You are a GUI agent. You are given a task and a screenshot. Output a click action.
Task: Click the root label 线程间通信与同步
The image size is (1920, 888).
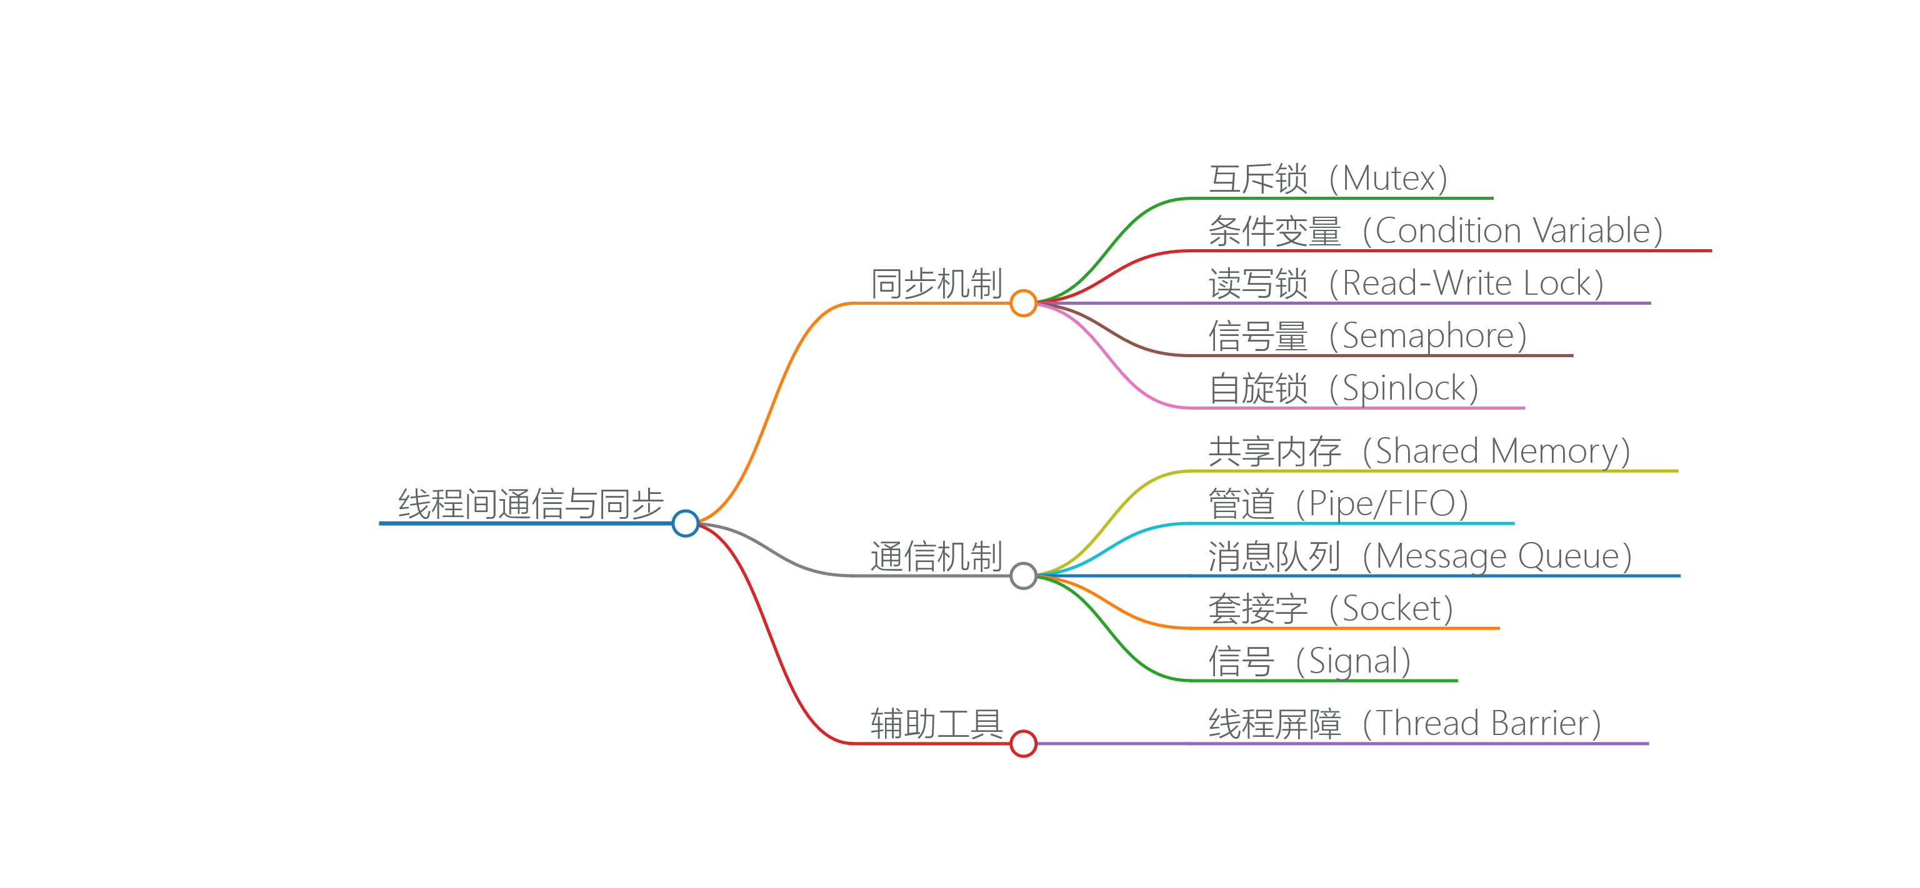pos(530,503)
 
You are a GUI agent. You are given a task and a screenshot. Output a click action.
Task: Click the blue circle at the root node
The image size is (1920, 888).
pos(685,523)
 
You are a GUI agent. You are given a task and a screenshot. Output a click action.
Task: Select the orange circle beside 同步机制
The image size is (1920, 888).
pos(1022,303)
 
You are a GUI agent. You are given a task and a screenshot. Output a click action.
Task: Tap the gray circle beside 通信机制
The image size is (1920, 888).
pos(1022,575)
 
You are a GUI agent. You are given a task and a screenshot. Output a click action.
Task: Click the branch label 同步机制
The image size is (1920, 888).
pos(936,284)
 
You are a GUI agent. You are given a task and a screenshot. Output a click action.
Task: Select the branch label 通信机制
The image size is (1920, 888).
pos(936,556)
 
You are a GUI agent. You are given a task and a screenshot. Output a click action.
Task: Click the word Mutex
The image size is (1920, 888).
pos(1389,179)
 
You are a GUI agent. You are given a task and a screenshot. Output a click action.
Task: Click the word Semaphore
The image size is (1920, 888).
pos(1428,336)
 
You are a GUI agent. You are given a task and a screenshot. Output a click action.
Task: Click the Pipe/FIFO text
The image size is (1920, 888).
pos(1382,503)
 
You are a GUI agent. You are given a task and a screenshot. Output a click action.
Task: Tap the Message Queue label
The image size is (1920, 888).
pos(1497,556)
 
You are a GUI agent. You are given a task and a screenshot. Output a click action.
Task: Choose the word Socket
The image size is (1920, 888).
pos(1391,609)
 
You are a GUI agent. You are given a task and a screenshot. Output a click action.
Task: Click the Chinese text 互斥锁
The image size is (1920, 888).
pos(1258,179)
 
